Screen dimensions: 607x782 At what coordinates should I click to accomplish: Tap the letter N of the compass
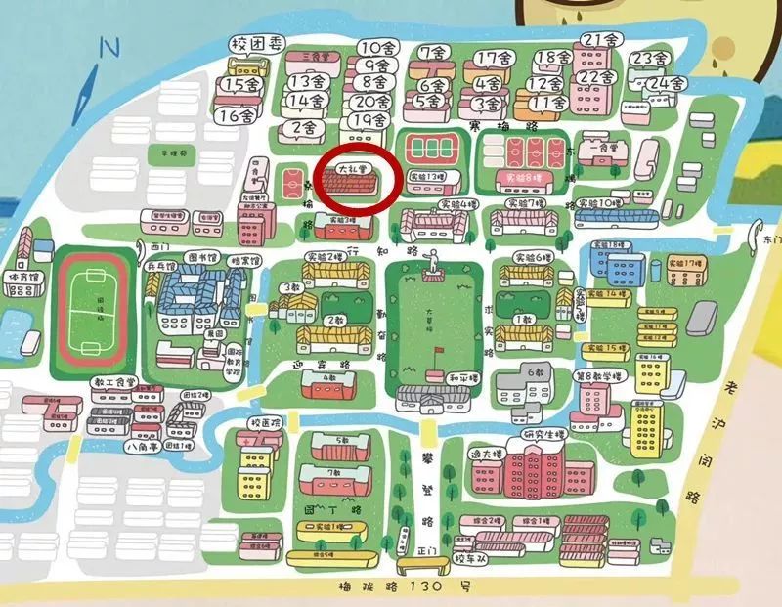point(109,47)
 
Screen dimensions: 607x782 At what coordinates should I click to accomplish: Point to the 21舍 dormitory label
point(600,41)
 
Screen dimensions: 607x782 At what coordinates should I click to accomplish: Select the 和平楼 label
point(461,376)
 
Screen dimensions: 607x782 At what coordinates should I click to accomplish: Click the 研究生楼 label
point(543,434)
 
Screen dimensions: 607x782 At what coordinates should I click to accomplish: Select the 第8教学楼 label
point(597,375)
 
